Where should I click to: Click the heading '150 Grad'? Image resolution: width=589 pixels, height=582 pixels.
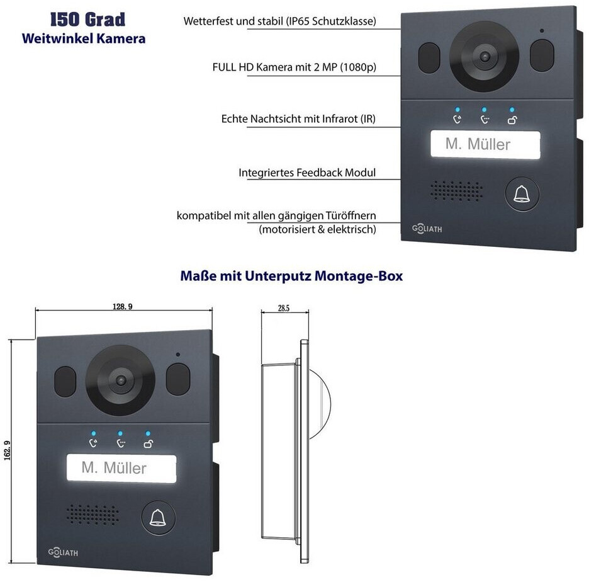click(x=84, y=20)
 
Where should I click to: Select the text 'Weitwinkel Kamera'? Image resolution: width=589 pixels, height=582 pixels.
click(x=84, y=38)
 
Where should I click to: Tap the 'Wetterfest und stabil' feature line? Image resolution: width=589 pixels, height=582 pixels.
click(x=280, y=21)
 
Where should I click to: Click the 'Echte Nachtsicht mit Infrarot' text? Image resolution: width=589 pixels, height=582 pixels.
click(x=298, y=118)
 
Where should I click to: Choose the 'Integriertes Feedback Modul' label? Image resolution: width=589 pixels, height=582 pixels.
click(x=307, y=172)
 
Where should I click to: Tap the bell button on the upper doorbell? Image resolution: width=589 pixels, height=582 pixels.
click(x=522, y=195)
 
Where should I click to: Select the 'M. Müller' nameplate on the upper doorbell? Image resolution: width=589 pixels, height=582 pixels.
click(x=485, y=144)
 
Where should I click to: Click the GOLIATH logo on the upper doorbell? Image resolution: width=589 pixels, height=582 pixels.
click(x=427, y=228)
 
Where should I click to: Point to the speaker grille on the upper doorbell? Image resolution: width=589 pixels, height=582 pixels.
click(x=457, y=190)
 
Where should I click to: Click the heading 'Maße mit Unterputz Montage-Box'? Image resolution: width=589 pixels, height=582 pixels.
click(x=291, y=276)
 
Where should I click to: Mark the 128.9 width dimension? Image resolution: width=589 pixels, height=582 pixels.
click(x=123, y=306)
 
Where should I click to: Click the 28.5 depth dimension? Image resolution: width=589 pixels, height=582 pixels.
click(x=283, y=309)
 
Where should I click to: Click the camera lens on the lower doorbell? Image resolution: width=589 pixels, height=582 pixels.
click(x=120, y=380)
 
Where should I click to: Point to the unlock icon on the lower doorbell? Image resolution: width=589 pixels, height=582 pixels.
click(x=148, y=444)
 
